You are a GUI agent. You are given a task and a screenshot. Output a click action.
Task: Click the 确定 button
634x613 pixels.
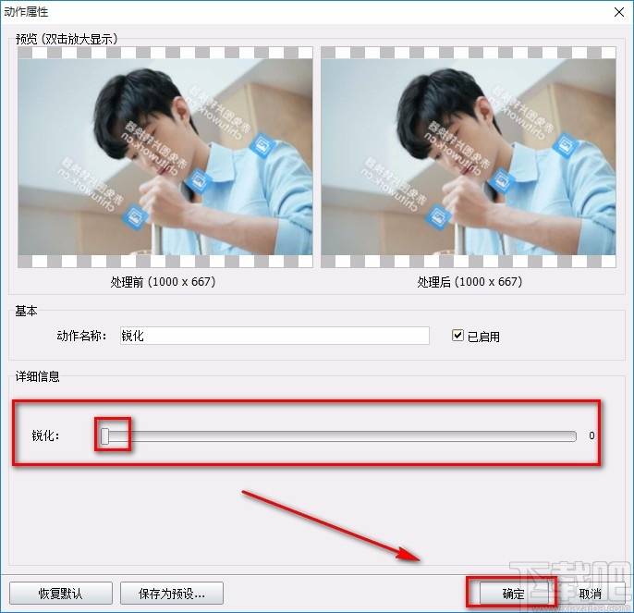click(x=513, y=593)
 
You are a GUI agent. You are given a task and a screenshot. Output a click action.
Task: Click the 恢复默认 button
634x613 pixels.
click(x=60, y=593)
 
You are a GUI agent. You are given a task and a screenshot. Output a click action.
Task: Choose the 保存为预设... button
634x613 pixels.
click(x=171, y=593)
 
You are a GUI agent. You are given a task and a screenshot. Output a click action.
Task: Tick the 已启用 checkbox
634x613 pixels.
click(x=457, y=336)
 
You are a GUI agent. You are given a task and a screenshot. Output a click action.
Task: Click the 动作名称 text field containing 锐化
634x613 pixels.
click(x=274, y=336)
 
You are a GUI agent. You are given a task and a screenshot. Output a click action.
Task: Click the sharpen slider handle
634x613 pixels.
click(x=105, y=435)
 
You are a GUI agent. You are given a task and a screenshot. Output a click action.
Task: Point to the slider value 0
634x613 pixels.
click(x=591, y=435)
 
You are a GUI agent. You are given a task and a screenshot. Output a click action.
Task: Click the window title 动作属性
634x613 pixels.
click(x=27, y=12)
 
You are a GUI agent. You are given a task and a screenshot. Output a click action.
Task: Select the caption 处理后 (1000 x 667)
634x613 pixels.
click(x=469, y=281)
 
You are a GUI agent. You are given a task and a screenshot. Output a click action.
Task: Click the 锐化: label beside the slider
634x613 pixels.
click(x=45, y=435)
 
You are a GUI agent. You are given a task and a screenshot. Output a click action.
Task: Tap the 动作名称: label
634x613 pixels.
click(x=81, y=336)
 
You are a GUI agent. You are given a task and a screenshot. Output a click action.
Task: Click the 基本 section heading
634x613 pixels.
click(x=26, y=312)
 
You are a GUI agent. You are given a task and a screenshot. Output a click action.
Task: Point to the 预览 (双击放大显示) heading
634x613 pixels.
click(x=72, y=39)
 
